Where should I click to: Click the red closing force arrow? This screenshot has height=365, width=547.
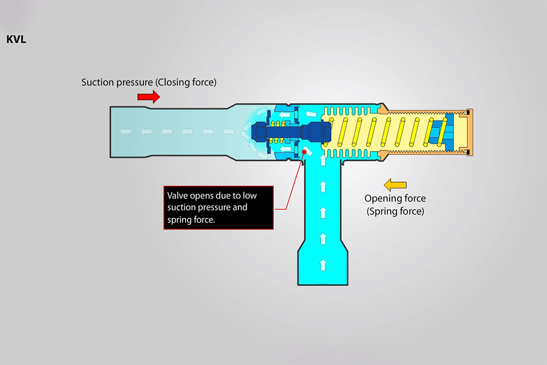point(148,97)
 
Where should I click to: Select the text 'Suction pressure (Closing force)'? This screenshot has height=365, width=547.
point(149,83)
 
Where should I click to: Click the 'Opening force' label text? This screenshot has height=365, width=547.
point(395,198)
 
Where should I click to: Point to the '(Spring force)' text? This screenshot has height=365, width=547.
point(395,211)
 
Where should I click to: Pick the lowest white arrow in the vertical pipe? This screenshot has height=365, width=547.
point(323,265)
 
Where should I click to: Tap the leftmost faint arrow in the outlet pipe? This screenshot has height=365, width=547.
point(127,132)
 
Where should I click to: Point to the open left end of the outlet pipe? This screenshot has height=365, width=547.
point(112,132)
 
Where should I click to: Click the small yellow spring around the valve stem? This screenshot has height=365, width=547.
point(276,132)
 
